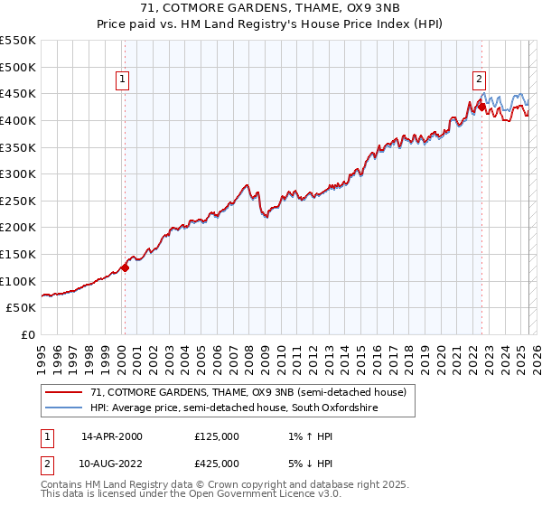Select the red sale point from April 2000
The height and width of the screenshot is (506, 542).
click(x=126, y=267)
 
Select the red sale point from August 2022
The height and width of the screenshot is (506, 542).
click(x=481, y=107)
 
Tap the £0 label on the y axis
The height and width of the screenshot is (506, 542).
click(x=29, y=334)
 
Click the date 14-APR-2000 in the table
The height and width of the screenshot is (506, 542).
click(x=111, y=436)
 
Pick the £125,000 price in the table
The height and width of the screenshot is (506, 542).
click(x=216, y=436)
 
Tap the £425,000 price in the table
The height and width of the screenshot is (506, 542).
click(x=216, y=463)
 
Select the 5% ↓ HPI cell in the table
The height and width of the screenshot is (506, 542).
click(x=305, y=463)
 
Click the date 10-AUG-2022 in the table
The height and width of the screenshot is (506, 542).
click(x=112, y=463)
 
